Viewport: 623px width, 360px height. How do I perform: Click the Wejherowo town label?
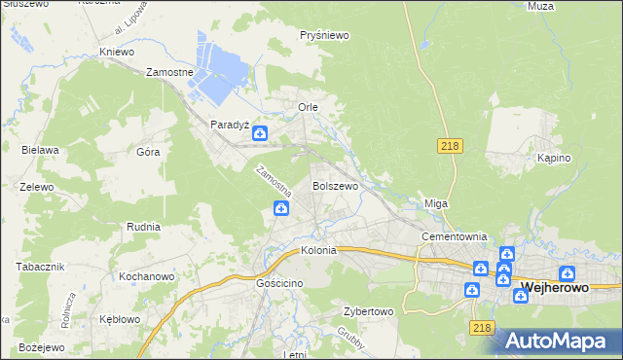click(568, 288)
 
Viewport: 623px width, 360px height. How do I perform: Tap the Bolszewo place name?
click(335, 185)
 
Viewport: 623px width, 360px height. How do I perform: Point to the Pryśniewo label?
click(324, 35)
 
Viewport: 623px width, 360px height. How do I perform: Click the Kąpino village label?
click(553, 157)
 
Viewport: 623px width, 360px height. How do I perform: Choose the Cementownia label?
click(453, 236)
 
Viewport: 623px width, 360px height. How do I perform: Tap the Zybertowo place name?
click(367, 312)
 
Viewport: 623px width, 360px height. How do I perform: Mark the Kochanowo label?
click(146, 277)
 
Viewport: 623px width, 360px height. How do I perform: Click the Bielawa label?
click(41, 150)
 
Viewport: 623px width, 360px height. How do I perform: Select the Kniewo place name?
click(116, 52)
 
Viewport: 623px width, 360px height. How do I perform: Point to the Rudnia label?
click(143, 226)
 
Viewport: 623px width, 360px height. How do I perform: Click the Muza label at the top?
click(567, 6)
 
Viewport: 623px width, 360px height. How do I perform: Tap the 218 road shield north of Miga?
click(449, 146)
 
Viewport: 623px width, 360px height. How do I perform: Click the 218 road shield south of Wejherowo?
click(481, 329)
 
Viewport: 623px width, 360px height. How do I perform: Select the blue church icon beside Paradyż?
click(261, 135)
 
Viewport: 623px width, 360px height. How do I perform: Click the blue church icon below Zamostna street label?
click(280, 207)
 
